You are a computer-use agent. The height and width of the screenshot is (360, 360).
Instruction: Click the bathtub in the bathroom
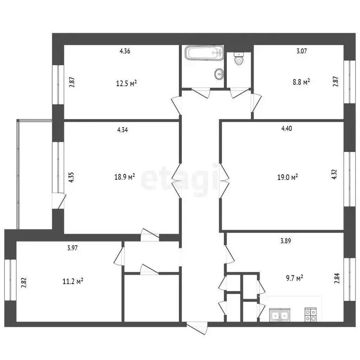coord(204,53)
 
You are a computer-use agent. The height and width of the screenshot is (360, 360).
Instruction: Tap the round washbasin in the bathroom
coord(219,74)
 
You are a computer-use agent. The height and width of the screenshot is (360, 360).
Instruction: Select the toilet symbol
coord(239,59)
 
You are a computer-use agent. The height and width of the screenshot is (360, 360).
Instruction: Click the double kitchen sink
coord(280,315)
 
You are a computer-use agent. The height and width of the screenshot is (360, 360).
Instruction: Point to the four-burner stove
coord(310,315)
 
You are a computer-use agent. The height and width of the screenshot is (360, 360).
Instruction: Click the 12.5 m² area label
coord(127,83)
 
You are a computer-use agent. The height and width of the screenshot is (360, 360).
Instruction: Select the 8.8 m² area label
coord(301,82)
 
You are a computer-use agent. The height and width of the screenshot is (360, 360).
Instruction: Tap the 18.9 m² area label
coord(124,177)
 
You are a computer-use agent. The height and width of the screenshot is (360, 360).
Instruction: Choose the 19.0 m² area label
coord(287,177)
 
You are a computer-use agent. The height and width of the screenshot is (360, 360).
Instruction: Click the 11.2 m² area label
coord(73,281)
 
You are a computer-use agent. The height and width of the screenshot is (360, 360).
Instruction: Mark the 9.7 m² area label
coord(294,278)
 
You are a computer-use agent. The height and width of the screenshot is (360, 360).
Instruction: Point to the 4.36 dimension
coord(125,51)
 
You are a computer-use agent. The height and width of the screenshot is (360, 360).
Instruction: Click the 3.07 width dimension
coord(301,51)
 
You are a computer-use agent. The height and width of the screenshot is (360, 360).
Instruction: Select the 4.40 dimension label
coord(286,128)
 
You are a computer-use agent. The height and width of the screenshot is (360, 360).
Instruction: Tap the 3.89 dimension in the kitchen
coord(285,241)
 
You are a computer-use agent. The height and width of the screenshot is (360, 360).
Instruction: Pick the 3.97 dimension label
coord(72,248)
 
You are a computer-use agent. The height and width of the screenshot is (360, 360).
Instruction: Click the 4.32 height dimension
coord(334,174)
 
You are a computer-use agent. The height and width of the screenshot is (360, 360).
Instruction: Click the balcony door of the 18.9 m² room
coord(59,201)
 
